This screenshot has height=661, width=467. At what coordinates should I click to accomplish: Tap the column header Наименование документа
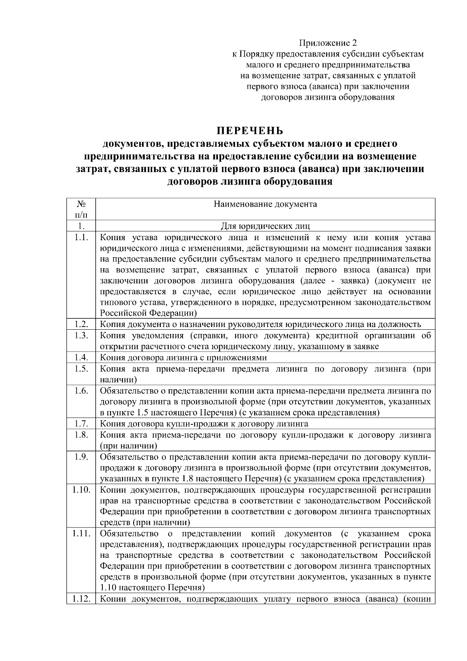265,204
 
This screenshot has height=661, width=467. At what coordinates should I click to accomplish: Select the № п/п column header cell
81,209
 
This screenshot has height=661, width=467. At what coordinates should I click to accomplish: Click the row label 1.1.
81,237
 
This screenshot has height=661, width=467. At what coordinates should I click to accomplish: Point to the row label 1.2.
81,324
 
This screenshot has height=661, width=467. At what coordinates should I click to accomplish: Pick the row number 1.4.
81,357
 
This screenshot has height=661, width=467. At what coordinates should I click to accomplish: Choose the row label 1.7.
81,423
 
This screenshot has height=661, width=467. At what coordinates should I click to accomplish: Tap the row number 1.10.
81,489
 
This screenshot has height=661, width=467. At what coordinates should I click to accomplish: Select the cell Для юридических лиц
265,226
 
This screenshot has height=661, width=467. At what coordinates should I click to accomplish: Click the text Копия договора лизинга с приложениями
183,358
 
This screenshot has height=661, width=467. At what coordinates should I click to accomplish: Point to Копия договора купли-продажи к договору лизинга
204,424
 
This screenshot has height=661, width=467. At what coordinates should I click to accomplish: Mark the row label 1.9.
81,457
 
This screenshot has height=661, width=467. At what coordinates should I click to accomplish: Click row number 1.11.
81,533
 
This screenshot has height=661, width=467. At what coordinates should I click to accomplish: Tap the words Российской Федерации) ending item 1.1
148,313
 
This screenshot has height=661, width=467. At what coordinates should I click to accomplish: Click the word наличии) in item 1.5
118,380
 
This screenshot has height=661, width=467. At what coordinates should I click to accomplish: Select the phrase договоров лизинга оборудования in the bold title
249,181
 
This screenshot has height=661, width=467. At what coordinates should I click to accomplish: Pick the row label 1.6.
81,390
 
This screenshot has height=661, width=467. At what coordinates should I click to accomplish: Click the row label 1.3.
81,336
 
